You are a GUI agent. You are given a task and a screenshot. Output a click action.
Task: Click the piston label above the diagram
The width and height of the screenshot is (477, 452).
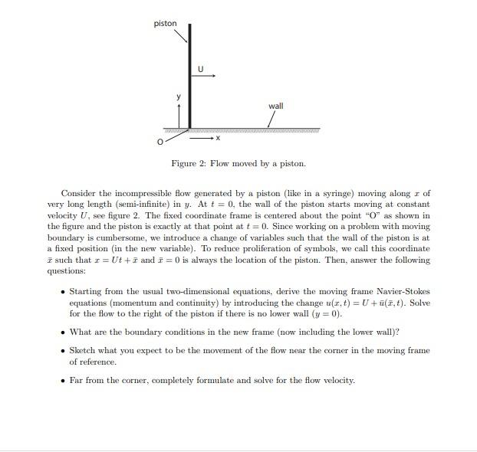click(165, 24)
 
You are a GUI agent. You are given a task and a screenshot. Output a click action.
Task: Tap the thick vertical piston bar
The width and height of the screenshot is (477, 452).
click(189, 77)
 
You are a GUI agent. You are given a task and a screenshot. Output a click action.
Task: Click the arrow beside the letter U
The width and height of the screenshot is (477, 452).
click(209, 76)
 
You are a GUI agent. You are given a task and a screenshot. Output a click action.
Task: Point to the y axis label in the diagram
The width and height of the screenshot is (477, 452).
click(179, 97)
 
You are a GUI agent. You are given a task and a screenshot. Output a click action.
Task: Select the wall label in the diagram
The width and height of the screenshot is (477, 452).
click(275, 106)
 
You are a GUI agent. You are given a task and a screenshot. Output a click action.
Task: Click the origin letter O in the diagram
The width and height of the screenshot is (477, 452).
click(161, 142)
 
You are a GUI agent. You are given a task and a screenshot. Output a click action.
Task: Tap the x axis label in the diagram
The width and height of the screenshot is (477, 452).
click(218, 139)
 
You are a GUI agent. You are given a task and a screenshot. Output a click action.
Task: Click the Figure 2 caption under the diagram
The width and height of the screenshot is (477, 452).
click(238, 163)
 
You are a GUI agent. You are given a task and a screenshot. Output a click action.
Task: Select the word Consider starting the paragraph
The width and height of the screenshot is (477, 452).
click(79, 193)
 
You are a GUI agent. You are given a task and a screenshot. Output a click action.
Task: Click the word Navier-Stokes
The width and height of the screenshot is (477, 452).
click(406, 291)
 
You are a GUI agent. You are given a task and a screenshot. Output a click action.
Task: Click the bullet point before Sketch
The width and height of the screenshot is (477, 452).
click(62, 350)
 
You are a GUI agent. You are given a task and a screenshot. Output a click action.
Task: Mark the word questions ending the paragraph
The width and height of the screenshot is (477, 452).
click(64, 271)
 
